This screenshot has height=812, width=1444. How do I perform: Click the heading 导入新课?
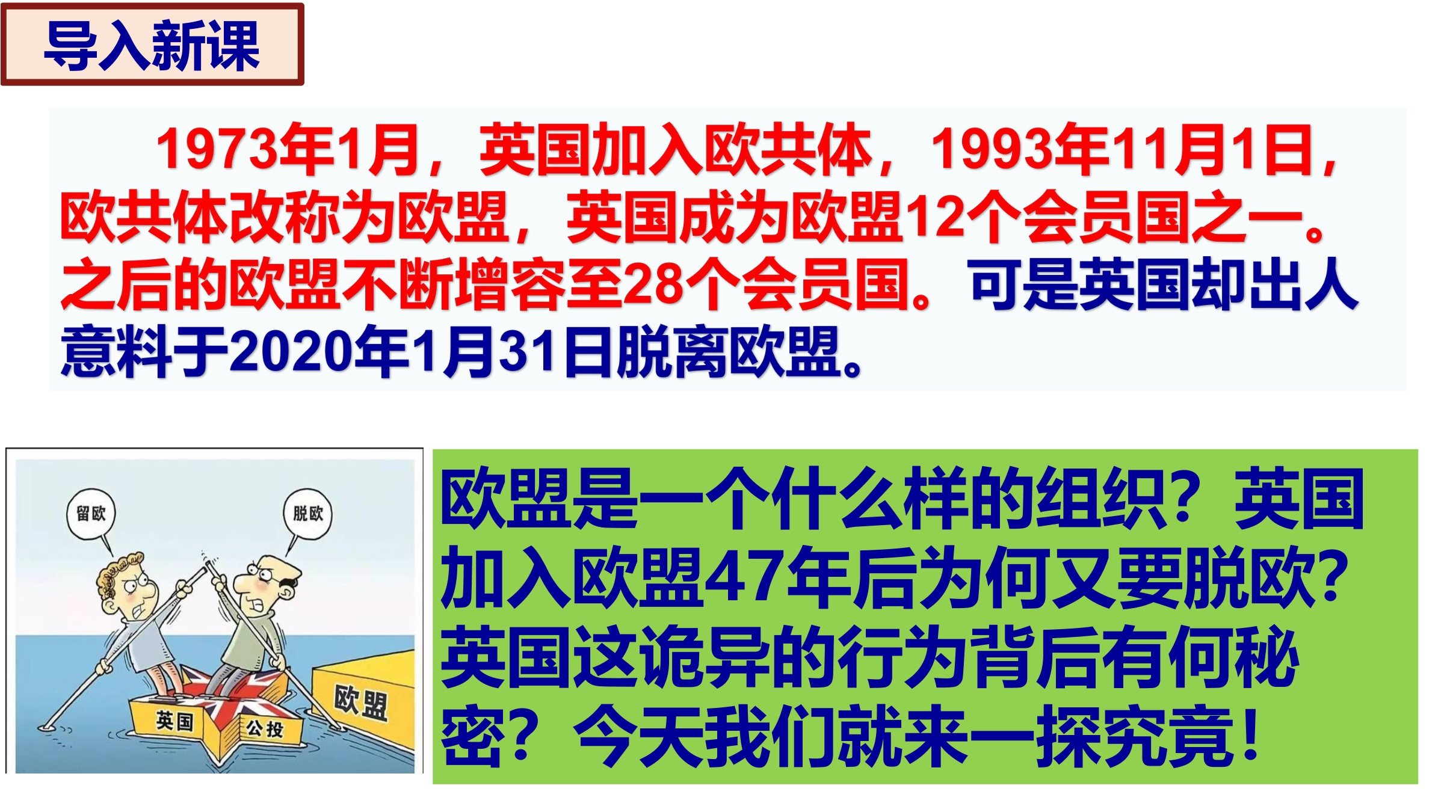[x=152, y=45]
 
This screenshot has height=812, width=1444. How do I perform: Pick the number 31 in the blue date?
[x=528, y=351]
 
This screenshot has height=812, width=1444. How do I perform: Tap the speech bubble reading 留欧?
[x=91, y=514]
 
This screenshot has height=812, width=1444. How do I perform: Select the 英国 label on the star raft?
[x=174, y=720]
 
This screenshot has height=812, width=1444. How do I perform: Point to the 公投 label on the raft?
[x=265, y=729]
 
